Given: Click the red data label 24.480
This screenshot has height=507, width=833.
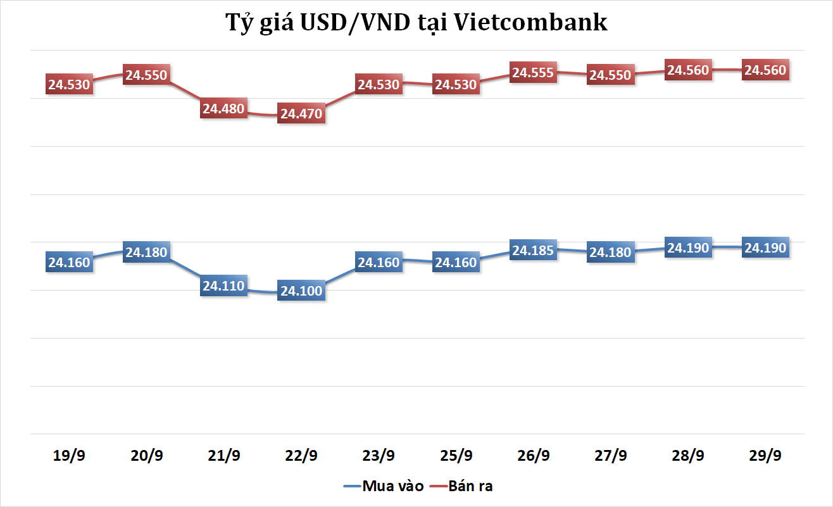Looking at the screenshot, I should coord(224,108).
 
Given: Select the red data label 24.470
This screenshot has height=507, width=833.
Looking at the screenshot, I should coord(301,114).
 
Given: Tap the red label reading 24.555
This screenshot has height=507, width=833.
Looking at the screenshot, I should coord(533,73).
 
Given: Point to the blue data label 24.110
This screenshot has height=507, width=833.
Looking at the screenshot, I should coord(224,285).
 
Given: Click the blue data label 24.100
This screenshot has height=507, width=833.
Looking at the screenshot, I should coord(301,291).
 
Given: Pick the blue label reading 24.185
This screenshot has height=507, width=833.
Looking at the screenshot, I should coord(533,250).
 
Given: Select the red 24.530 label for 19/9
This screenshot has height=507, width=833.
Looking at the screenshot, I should coord(70,84).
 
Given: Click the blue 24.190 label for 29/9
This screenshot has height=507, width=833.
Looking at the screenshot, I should coord(765,247).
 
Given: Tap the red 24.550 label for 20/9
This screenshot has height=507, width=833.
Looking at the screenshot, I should coord(146,75).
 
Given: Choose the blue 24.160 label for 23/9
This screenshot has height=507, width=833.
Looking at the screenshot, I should coord(379,262).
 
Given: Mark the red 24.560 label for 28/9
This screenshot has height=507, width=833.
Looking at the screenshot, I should coord(688,70).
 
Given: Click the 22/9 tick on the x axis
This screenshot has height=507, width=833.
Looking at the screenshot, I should coord(301,456).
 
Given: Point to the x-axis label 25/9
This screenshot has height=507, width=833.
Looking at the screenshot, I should coord(456,456).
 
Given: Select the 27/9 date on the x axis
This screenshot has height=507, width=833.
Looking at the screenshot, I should coord(611,456).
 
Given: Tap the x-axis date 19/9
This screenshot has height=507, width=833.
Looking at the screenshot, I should coord(70,456).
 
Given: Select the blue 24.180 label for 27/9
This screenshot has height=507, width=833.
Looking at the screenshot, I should coord(611,252).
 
